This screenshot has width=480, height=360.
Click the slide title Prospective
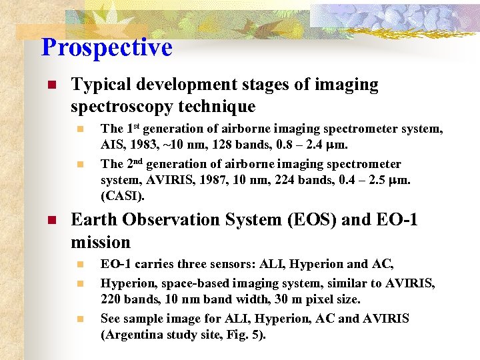[x=107, y=47]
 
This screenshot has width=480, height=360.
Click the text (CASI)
[x=122, y=197]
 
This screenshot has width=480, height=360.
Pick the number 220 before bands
[x=111, y=301]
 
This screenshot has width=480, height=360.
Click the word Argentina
[x=132, y=335]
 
